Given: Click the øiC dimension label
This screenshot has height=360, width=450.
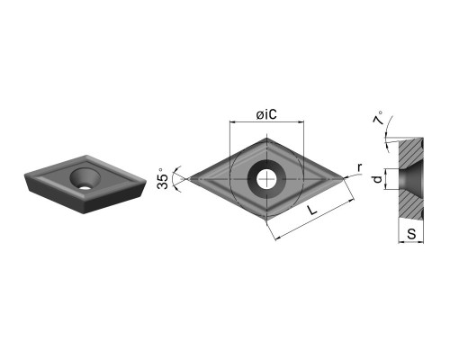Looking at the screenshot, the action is (266, 115).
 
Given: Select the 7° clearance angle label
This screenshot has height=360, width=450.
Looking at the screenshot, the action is (379, 118).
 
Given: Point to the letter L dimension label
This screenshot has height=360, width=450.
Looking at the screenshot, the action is (312, 210).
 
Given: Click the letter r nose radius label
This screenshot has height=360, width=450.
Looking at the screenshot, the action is (360, 167).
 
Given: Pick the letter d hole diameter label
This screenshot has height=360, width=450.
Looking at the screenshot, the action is (378, 179).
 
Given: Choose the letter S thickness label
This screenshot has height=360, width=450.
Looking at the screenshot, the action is (411, 233).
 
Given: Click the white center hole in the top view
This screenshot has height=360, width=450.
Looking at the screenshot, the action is (266, 179).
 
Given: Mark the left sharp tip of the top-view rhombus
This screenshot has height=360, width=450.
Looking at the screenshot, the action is (187, 179).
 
